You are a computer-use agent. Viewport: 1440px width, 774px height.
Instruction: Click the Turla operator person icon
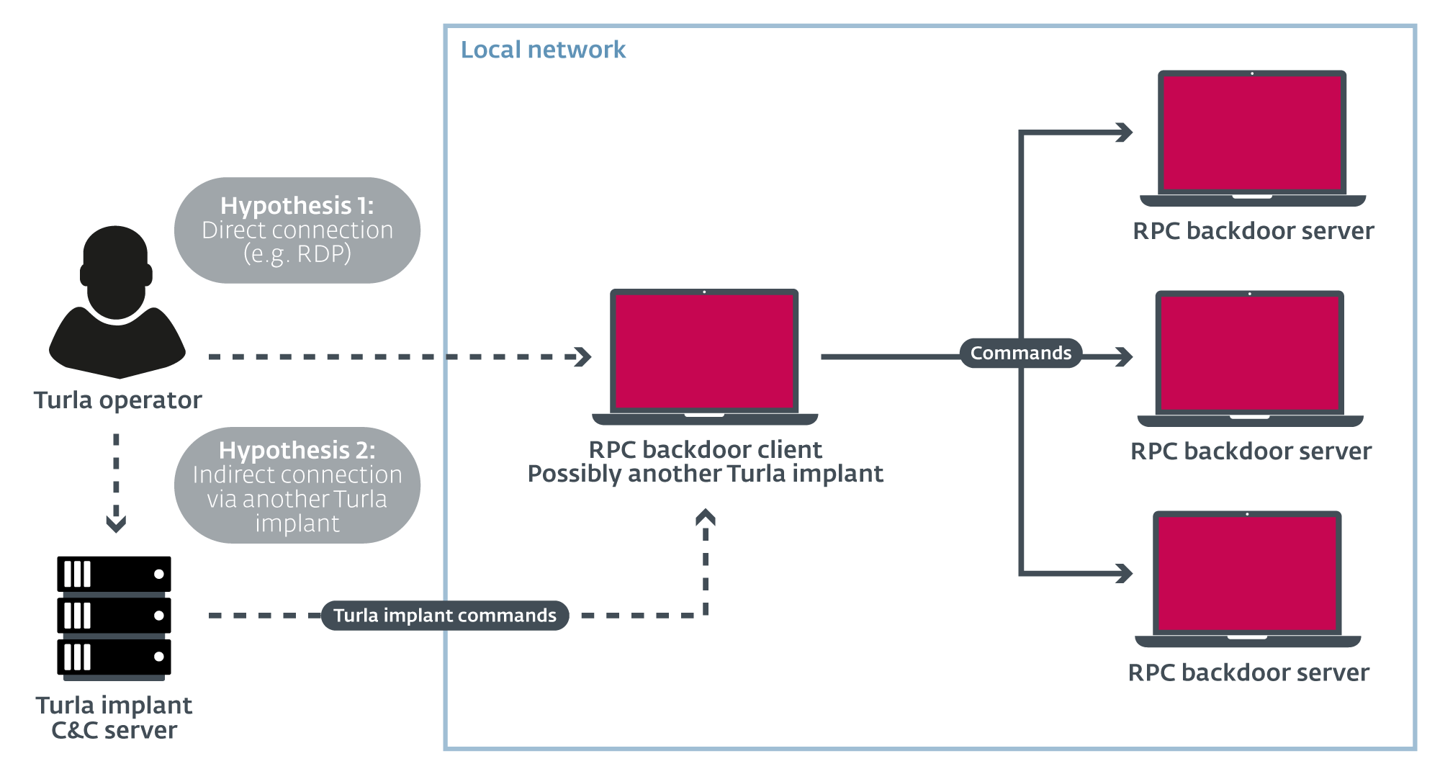click(117, 302)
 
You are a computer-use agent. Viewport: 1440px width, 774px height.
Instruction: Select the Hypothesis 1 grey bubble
click(297, 230)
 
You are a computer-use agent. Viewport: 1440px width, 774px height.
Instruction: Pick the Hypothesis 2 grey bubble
click(297, 485)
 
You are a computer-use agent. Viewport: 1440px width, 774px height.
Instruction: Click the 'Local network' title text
click(543, 50)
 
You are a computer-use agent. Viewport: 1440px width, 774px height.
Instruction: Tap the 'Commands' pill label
click(1021, 353)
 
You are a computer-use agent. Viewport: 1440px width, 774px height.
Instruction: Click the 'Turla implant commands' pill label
click(445, 616)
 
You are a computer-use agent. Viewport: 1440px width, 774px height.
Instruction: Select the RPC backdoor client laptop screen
click(704, 351)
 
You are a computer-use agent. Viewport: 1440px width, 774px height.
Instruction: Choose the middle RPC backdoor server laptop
click(1250, 359)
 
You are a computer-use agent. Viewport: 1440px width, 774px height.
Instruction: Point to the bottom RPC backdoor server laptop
click(1248, 579)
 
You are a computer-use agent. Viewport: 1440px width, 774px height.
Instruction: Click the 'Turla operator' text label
click(118, 400)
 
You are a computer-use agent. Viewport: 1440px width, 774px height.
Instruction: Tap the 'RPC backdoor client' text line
click(705, 449)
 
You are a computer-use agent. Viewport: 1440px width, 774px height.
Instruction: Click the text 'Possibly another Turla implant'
click(705, 474)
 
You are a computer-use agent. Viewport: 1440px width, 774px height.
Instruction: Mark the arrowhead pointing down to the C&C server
click(116, 523)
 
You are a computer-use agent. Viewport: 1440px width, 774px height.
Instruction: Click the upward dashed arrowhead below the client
click(706, 517)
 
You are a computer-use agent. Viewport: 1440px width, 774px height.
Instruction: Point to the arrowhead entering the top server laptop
click(1124, 132)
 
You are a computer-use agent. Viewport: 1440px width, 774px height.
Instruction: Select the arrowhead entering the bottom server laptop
click(1124, 573)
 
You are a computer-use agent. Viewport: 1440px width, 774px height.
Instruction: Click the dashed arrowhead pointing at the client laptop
click(583, 356)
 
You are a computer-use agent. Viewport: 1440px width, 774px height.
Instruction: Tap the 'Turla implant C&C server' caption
click(114, 717)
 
